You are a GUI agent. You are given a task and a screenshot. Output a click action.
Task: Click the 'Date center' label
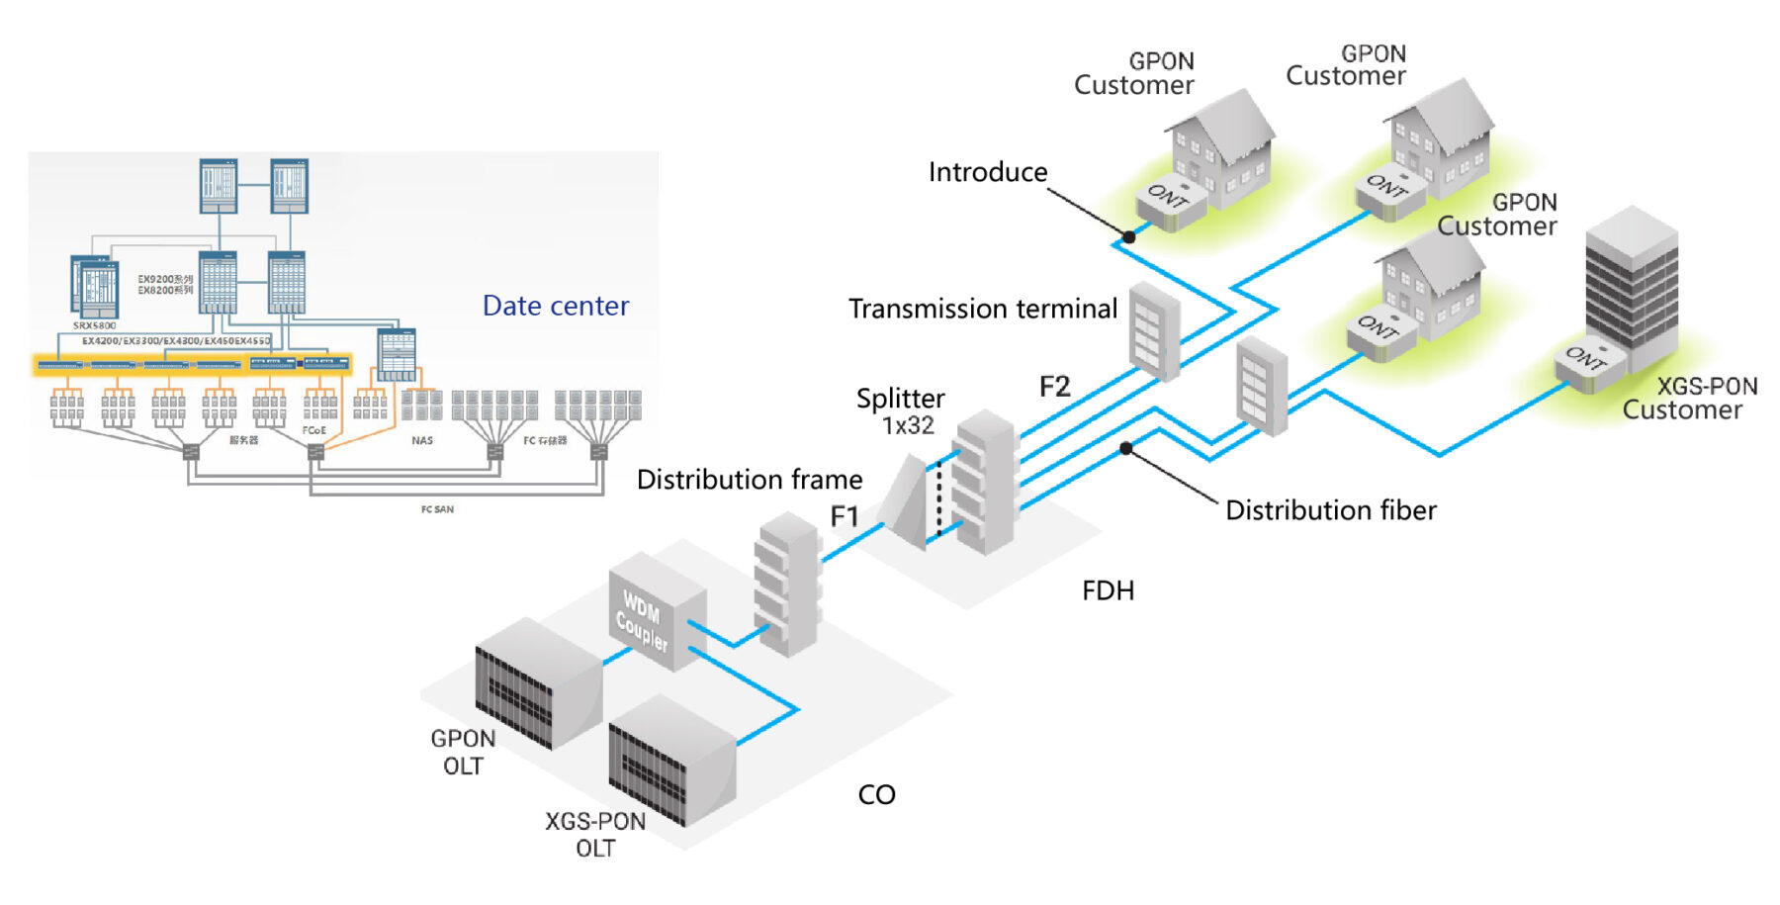[x=555, y=306]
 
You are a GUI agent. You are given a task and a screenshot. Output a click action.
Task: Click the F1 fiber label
[x=844, y=515]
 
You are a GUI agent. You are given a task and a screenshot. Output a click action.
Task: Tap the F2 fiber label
[x=1054, y=386]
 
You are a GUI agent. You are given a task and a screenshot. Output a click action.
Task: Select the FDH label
[x=1108, y=590]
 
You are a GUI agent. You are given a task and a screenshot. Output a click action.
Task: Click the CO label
[x=876, y=794]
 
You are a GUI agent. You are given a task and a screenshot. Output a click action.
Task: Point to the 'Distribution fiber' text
[x=1330, y=510]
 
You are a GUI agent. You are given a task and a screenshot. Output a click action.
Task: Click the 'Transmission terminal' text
[x=982, y=309]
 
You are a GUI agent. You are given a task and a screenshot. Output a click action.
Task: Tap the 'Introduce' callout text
[x=987, y=172]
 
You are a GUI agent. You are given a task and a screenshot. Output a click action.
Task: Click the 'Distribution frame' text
[x=749, y=480]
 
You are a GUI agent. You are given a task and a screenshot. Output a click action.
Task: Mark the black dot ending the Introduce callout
[x=1128, y=237]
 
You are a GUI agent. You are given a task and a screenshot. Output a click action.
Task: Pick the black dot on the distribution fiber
[x=1125, y=449]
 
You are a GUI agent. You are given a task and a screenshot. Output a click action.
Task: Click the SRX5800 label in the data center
[x=94, y=325]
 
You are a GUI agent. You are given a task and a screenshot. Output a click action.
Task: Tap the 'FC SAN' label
[x=437, y=509]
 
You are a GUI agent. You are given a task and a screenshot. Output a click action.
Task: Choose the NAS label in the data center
[x=422, y=440]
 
